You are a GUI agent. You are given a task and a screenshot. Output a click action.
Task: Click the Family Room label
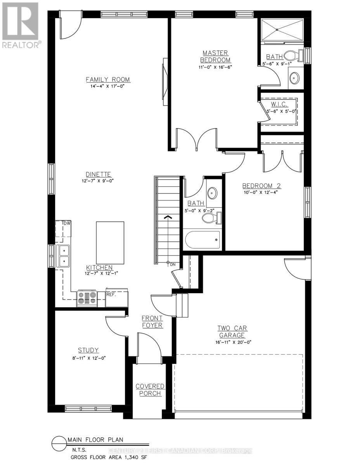click(x=108, y=80)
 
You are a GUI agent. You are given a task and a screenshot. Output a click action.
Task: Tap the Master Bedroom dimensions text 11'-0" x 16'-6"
click(x=215, y=66)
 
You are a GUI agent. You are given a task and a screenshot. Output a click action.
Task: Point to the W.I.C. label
click(x=279, y=104)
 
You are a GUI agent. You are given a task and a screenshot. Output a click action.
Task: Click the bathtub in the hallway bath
click(x=202, y=240)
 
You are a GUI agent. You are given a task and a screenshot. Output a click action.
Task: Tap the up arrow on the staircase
click(x=168, y=218)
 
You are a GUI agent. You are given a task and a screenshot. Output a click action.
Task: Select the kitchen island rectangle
click(x=110, y=243)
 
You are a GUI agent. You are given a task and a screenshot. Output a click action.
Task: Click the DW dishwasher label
click(x=67, y=223)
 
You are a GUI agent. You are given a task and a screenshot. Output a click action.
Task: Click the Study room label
click(x=88, y=350)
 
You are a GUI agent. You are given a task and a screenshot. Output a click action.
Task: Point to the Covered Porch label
click(x=150, y=390)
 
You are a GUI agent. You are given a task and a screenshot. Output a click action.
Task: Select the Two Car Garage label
click(x=232, y=332)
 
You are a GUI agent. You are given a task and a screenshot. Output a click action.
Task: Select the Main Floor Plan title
click(x=95, y=440)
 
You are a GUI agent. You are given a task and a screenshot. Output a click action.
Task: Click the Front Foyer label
click(x=152, y=322)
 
